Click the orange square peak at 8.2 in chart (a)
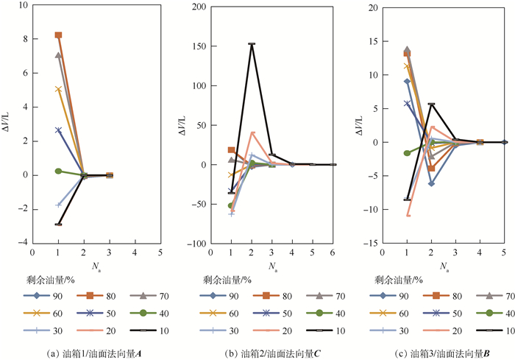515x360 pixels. (58, 35)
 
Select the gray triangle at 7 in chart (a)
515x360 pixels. (58, 55)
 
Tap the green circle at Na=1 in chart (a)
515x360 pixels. (58, 171)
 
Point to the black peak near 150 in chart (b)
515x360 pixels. (252, 44)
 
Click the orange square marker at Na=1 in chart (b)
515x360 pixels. (231, 150)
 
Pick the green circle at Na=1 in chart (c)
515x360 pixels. (407, 153)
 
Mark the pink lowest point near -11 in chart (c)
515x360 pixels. (407, 215)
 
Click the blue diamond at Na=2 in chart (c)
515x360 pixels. (431, 183)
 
